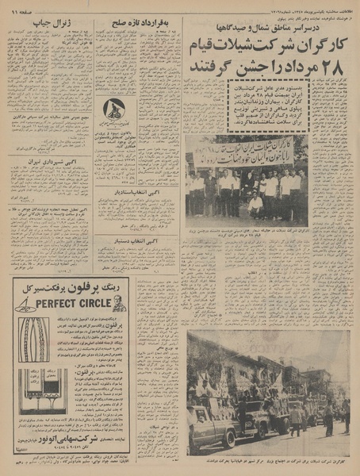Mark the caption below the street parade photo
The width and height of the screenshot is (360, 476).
pos(267,459)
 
